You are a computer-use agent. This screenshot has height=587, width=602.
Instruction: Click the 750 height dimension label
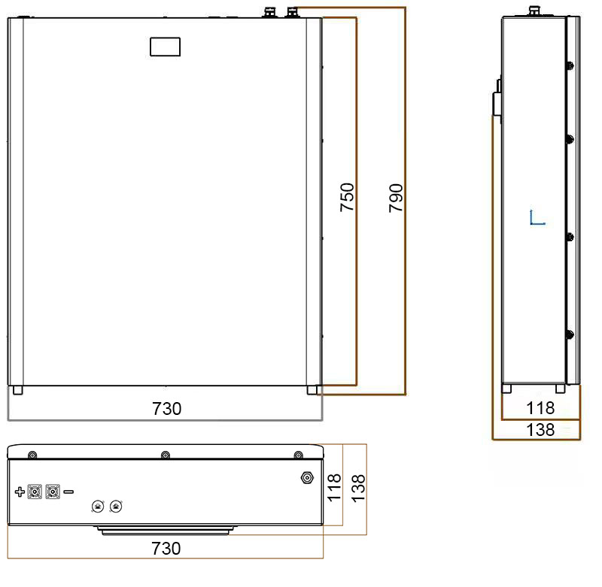(x=347, y=197)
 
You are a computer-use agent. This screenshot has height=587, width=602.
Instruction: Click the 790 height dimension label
(x=396, y=198)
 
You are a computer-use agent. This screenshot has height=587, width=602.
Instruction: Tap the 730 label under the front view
(x=166, y=409)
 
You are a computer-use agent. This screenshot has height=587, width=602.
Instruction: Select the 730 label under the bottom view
(x=166, y=548)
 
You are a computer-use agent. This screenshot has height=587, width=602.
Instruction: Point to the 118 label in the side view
(x=540, y=408)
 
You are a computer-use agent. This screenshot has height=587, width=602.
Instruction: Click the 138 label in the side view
(x=540, y=430)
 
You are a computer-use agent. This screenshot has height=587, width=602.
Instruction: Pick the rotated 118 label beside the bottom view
(x=334, y=487)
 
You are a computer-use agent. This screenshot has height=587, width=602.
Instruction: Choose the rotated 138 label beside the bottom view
(x=358, y=489)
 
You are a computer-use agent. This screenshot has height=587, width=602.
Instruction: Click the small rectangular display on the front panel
(x=165, y=47)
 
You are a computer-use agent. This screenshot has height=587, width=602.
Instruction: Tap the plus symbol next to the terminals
(x=20, y=492)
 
